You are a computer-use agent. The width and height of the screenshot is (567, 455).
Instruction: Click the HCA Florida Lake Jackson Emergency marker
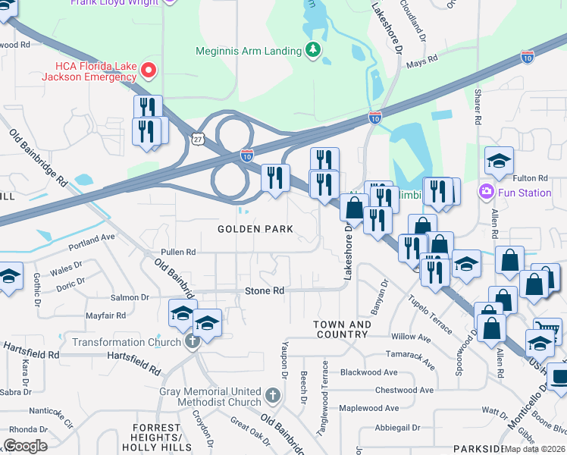tap(148, 71)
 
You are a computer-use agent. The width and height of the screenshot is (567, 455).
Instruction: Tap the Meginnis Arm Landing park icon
tap(312, 51)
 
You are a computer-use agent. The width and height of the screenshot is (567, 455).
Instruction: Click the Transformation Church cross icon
tap(193, 342)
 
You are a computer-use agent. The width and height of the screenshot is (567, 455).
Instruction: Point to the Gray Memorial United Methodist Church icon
tap(274, 395)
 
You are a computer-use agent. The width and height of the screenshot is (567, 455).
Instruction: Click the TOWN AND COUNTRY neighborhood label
tap(343, 329)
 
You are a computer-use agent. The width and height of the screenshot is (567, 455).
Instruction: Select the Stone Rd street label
tap(264, 291)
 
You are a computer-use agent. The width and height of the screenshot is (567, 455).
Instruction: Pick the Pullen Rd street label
tap(178, 252)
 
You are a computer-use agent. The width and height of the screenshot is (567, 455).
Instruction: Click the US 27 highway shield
tap(197, 140)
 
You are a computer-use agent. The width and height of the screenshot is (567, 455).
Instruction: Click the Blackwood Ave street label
tap(368, 372)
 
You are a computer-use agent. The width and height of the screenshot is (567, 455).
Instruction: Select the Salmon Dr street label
tap(130, 298)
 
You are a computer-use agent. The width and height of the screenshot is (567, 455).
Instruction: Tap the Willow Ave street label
tap(411, 336)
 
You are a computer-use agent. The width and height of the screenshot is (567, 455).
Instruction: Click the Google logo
tap(25, 446)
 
